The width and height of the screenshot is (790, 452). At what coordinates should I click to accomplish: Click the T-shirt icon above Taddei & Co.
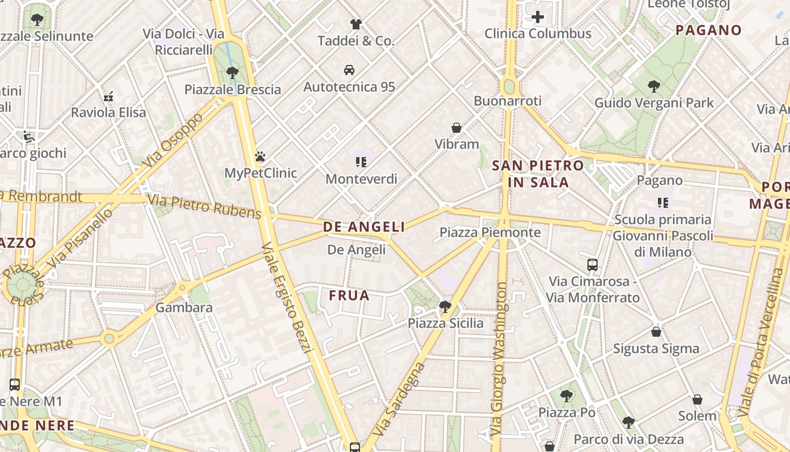point(355,24)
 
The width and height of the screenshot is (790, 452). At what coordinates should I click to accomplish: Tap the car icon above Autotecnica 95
point(349,70)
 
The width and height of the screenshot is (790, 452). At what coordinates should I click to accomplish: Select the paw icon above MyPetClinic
point(260,157)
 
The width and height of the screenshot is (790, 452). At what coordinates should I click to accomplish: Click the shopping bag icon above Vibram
point(457,128)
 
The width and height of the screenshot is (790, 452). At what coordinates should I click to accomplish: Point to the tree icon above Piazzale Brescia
point(232,72)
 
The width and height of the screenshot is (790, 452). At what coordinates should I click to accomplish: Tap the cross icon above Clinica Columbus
point(538,17)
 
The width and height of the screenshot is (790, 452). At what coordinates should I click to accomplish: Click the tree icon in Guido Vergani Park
point(654,86)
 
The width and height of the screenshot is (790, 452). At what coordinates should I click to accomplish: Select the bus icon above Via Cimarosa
point(592,264)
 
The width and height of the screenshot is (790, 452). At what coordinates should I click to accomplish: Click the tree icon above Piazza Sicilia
point(445,307)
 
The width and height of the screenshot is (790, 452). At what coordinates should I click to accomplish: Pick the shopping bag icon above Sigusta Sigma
point(656,332)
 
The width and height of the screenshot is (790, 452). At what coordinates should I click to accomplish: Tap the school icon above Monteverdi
point(361,163)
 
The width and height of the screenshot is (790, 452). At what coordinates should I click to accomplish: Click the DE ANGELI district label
point(364,227)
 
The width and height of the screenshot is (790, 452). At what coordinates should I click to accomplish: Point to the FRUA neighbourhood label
point(349,295)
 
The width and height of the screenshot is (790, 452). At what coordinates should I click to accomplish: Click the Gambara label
point(184,308)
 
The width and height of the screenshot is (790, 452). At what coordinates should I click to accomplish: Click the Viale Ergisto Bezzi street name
point(287,298)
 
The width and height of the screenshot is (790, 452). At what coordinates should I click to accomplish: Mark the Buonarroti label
point(507,101)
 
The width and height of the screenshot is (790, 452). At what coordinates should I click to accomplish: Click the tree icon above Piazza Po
point(567,395)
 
